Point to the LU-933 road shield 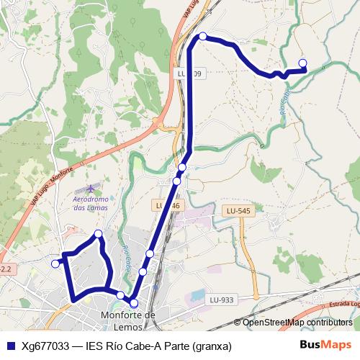pyautogui.click(x=222, y=300)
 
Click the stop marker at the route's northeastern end pyautogui.click(x=302, y=63)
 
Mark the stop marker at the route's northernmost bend pyautogui.click(x=203, y=36)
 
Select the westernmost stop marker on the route pyautogui.click(x=55, y=264)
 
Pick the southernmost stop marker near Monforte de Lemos pyautogui.click(x=134, y=303)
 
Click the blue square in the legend pyautogui.click(x=10, y=346)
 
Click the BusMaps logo pyautogui.click(x=326, y=345)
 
